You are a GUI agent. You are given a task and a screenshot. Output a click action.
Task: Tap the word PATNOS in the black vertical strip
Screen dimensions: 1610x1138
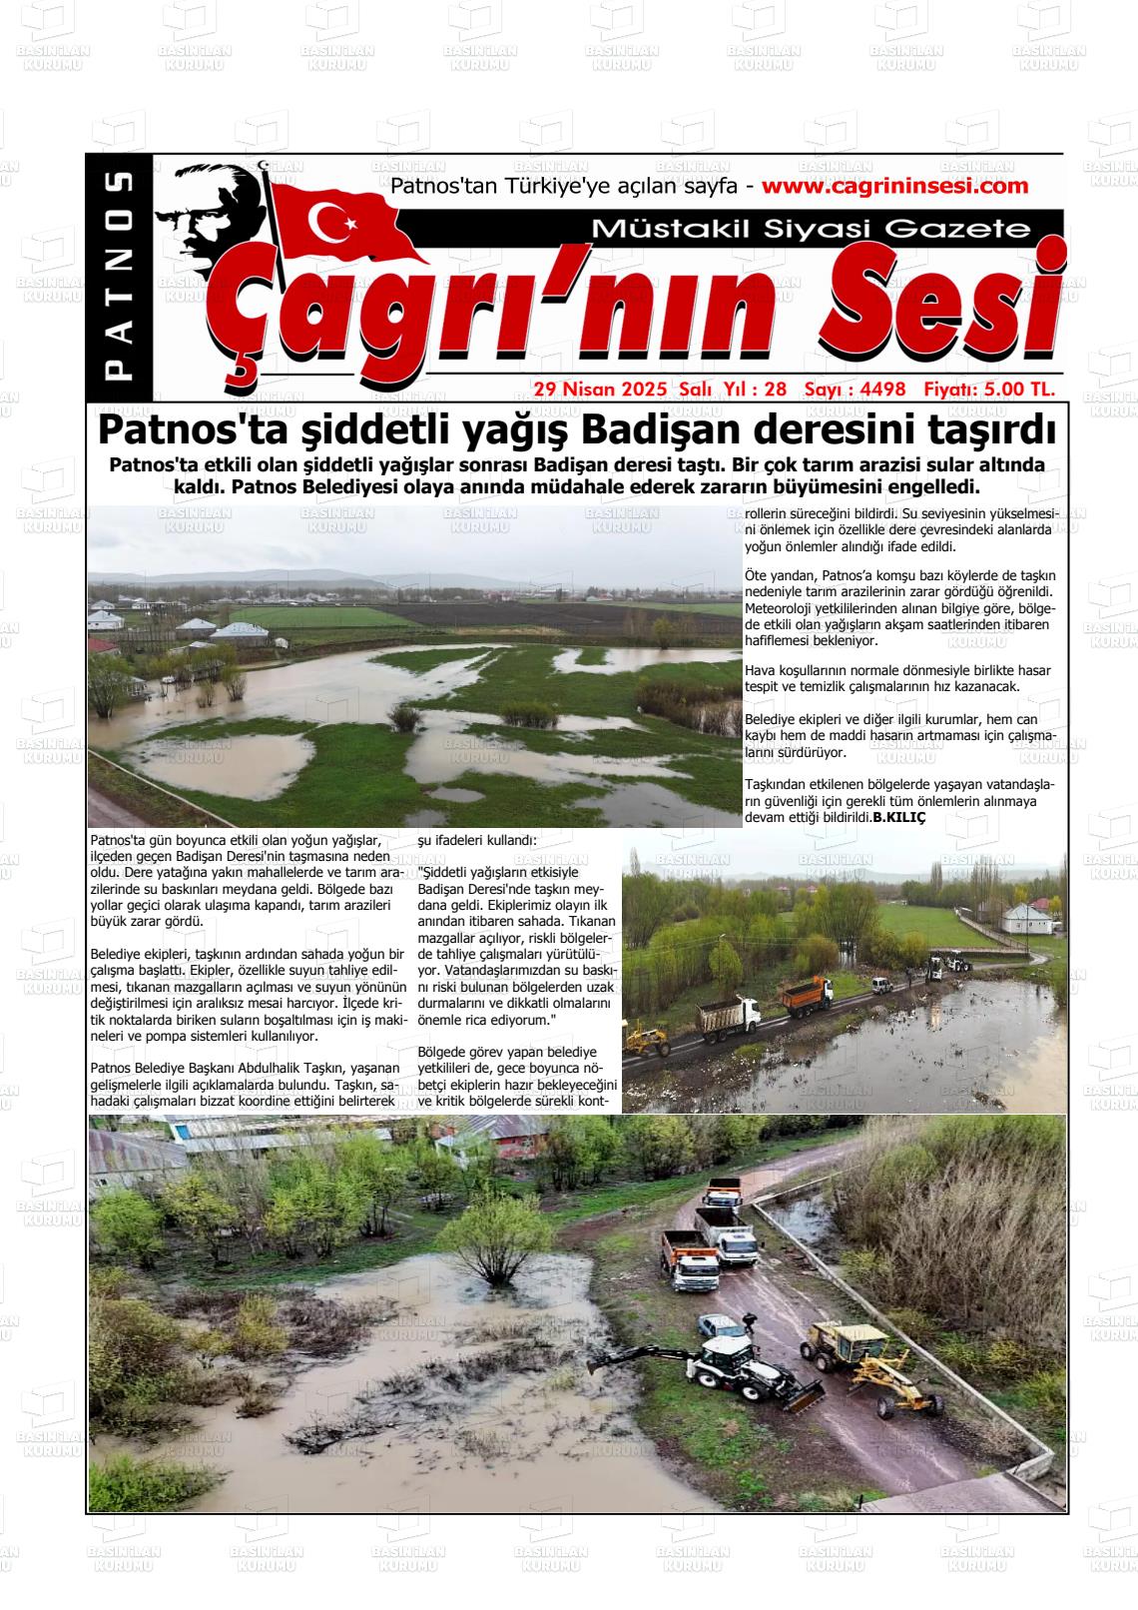(x=119, y=276)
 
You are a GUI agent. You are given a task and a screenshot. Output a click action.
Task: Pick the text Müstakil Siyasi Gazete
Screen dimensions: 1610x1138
(x=810, y=229)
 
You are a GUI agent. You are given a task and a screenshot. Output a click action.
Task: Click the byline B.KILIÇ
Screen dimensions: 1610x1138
(x=899, y=818)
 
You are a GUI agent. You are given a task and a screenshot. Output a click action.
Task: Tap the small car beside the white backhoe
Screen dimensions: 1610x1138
(x=720, y=1327)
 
